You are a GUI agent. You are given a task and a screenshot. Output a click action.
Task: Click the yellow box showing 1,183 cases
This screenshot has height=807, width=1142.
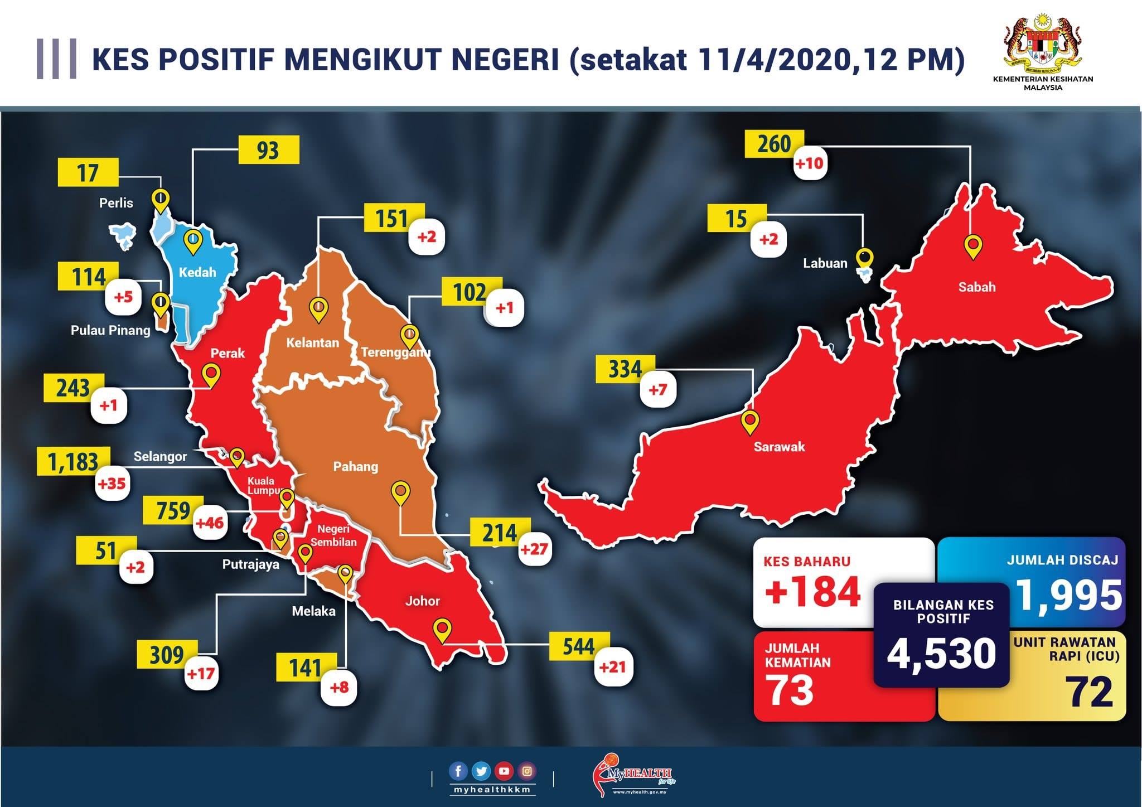tap(72, 462)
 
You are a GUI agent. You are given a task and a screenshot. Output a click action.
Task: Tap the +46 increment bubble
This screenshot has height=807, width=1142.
tap(210, 523)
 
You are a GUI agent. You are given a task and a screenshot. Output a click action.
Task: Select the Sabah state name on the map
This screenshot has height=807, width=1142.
tap(976, 287)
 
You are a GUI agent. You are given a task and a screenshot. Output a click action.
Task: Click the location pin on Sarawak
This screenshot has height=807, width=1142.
tap(750, 422)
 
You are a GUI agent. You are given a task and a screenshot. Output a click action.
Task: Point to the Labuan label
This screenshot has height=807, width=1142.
tap(825, 263)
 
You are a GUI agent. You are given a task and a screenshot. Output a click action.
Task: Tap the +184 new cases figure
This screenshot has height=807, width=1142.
tap(813, 592)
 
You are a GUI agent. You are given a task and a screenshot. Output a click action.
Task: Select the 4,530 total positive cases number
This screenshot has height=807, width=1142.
tap(941, 653)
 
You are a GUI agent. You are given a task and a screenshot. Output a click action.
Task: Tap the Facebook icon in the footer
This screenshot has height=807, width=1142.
tap(458, 771)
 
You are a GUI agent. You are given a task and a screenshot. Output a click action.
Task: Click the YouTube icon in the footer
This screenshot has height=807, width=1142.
tap(504, 771)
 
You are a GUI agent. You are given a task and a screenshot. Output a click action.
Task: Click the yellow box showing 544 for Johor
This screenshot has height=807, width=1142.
tap(579, 646)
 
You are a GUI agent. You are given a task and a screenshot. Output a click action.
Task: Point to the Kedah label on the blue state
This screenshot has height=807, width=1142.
tap(197, 272)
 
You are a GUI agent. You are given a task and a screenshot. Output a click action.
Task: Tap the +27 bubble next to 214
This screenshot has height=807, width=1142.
tap(534, 549)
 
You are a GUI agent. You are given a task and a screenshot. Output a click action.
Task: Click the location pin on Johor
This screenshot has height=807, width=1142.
tap(443, 630)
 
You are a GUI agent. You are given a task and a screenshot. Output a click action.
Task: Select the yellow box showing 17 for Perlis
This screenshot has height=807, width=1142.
tap(88, 172)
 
